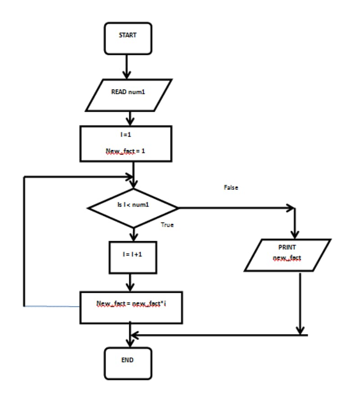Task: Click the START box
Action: [128, 38]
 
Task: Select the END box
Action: [128, 362]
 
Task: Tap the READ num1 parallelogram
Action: [128, 95]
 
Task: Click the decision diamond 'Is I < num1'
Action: [133, 208]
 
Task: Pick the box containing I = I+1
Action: [133, 257]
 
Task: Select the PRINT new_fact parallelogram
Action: [288, 255]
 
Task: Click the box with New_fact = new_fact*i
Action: [131, 307]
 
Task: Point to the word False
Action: [231, 188]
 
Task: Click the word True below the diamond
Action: [167, 225]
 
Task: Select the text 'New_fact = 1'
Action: [126, 151]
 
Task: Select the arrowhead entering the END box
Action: [130, 343]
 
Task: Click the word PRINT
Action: [287, 247]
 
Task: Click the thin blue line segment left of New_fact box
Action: [52, 306]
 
